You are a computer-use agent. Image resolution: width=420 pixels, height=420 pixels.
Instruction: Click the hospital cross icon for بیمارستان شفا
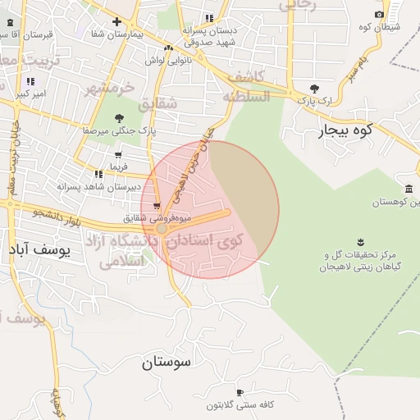click(117, 21)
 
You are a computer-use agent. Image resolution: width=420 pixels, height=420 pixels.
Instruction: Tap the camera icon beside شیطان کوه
click(379, 14)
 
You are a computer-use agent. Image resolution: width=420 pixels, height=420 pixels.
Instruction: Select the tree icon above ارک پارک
click(314, 89)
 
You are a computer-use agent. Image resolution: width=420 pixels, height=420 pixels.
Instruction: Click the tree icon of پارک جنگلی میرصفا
click(120, 118)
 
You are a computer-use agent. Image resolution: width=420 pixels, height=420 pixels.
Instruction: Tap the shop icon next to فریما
click(118, 155)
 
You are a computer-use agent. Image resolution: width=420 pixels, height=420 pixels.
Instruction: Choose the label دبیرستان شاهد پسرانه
click(89, 186)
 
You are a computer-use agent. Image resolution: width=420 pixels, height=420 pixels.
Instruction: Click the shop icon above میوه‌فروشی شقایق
click(156, 206)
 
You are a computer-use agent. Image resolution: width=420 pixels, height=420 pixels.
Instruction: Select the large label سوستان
click(165, 361)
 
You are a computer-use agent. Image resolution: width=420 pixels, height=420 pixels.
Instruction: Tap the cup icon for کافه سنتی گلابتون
click(240, 392)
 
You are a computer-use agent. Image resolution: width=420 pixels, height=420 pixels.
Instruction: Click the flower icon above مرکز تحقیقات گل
click(360, 240)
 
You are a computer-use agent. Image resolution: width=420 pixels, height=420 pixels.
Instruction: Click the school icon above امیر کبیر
click(30, 81)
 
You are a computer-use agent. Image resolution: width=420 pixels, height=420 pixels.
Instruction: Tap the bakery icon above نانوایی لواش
click(168, 48)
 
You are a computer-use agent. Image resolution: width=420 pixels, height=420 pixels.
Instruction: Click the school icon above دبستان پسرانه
click(210, 17)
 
